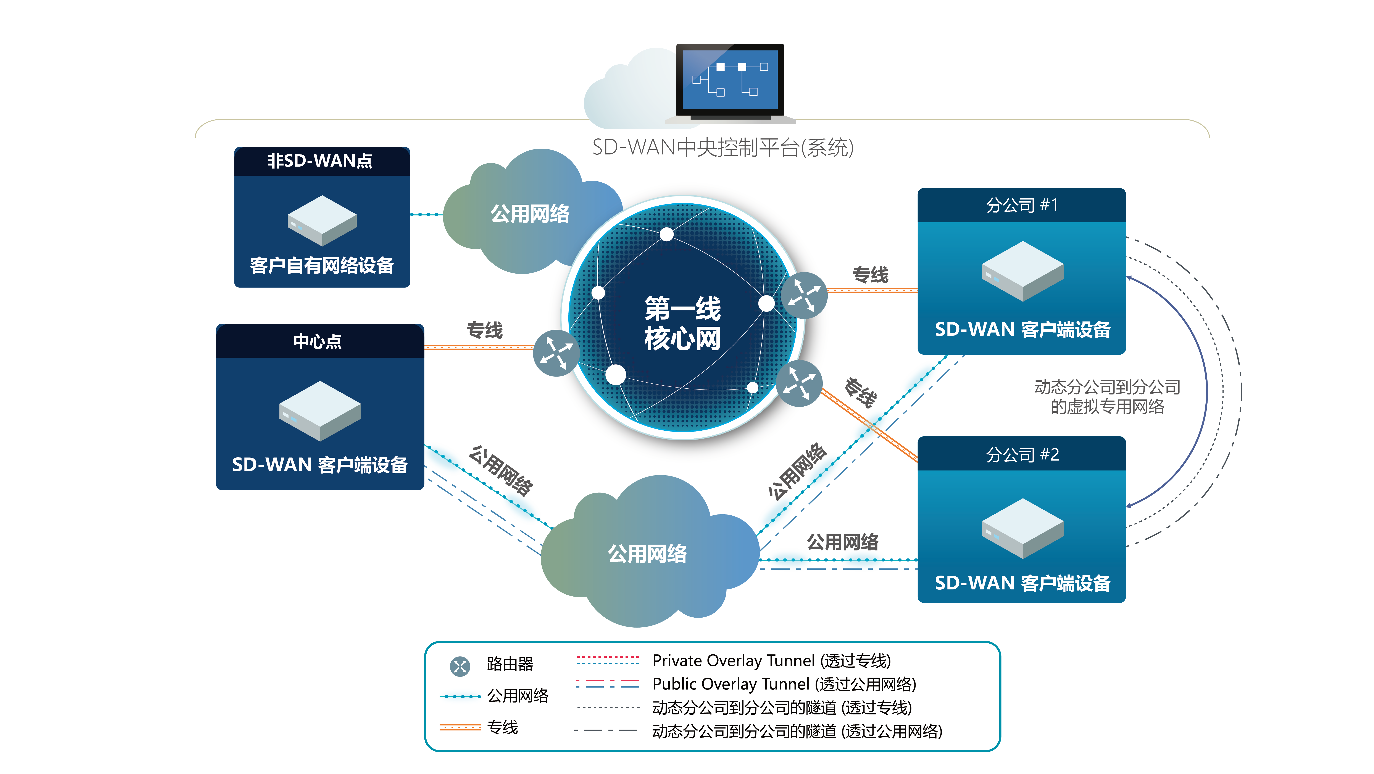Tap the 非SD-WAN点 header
coord(320,161)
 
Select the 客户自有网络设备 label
coord(322,265)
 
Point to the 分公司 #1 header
coord(1021,205)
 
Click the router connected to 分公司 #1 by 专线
coord(804,295)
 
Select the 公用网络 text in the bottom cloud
coord(648,553)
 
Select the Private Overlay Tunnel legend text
coord(771,661)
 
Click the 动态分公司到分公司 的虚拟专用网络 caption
coord(1107,397)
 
